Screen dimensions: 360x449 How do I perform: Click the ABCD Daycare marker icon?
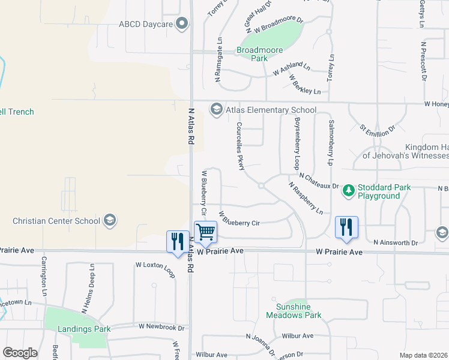click(x=183, y=24)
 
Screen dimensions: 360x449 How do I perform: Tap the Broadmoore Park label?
click(x=260, y=54)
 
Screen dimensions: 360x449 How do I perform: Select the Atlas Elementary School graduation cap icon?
click(x=215, y=109)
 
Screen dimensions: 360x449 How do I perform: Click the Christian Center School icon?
click(x=109, y=220)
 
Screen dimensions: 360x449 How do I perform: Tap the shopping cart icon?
click(x=205, y=231)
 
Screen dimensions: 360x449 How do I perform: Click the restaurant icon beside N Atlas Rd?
click(x=177, y=241)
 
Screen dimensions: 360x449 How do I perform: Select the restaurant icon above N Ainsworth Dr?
click(x=346, y=227)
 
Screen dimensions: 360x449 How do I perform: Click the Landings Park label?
click(x=84, y=329)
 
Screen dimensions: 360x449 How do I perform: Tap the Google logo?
click(x=20, y=353)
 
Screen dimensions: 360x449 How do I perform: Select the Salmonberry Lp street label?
click(x=330, y=142)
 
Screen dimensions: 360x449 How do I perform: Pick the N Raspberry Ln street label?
click(x=306, y=198)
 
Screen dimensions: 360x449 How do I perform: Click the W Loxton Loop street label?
click(x=155, y=268)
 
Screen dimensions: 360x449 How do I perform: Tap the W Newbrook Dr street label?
click(x=161, y=327)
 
